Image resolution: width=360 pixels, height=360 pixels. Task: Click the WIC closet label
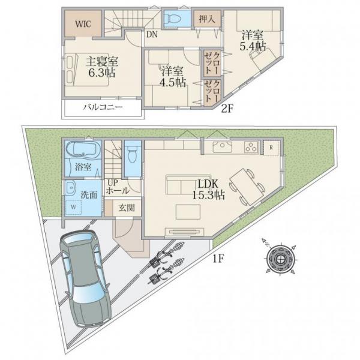(x=83, y=24)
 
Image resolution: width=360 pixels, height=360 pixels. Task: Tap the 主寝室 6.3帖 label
(x=102, y=67)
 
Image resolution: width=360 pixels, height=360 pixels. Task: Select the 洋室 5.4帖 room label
(x=253, y=41)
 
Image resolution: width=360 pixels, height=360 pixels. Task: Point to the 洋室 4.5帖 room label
(x=173, y=77)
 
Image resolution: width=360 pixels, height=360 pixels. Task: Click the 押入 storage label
(x=207, y=19)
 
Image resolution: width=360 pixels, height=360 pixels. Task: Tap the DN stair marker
(x=152, y=34)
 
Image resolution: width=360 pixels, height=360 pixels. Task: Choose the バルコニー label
(x=103, y=107)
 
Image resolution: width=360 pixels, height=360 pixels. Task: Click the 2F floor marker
(x=227, y=109)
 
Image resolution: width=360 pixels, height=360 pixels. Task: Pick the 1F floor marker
(x=218, y=259)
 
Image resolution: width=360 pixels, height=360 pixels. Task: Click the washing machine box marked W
(x=73, y=207)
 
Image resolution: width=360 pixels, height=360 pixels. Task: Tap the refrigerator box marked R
(x=271, y=148)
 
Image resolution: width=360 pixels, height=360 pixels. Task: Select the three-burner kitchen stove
(x=251, y=147)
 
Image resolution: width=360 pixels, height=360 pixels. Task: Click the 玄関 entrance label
(x=127, y=208)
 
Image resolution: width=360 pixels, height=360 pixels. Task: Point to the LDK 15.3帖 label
(x=208, y=190)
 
